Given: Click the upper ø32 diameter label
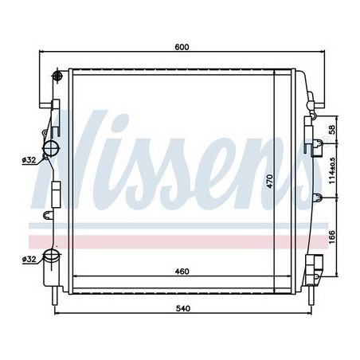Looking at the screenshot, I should click(29, 160).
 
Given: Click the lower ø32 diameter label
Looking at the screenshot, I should click(29, 260).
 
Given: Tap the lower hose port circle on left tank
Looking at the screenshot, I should click(53, 258).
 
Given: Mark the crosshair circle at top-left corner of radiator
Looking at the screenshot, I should click(57, 76).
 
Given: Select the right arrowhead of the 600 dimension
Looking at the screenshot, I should click(322, 54).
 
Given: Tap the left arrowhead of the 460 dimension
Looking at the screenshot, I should click(75, 278).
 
